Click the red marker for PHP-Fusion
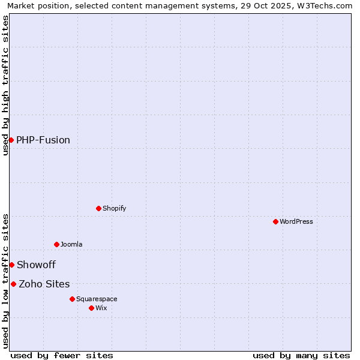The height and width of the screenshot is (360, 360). pyautogui.click(x=11, y=140)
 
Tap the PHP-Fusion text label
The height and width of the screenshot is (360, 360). pyautogui.click(x=43, y=140)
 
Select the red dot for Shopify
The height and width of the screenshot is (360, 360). pyautogui.click(x=98, y=208)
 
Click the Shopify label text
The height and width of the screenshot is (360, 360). pyautogui.click(x=114, y=209)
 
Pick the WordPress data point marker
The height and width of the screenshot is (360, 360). pyautogui.click(x=275, y=221)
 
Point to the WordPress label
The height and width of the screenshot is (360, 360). pyautogui.click(x=296, y=222)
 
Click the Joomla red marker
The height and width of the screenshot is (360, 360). pyautogui.click(x=56, y=244)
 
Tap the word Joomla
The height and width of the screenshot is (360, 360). pyautogui.click(x=71, y=245)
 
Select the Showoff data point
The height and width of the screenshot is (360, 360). pyautogui.click(x=11, y=265)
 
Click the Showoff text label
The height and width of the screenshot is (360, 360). pyautogui.click(x=36, y=265)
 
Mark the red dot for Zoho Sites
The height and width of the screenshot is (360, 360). pyautogui.click(x=13, y=284)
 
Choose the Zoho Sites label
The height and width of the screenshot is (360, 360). pyautogui.click(x=44, y=284)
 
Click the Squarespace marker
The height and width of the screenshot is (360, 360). pyautogui.click(x=72, y=299)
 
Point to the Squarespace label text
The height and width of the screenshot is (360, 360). pyautogui.click(x=97, y=299)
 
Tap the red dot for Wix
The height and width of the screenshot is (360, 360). pyautogui.click(x=91, y=308)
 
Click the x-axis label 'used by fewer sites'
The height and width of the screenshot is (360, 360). pyautogui.click(x=62, y=355)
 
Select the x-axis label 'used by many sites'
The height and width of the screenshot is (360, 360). pyautogui.click(x=301, y=355)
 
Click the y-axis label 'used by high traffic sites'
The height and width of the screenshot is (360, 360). pyautogui.click(x=5, y=85)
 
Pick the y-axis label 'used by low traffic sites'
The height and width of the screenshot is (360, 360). pyautogui.click(x=5, y=281)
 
